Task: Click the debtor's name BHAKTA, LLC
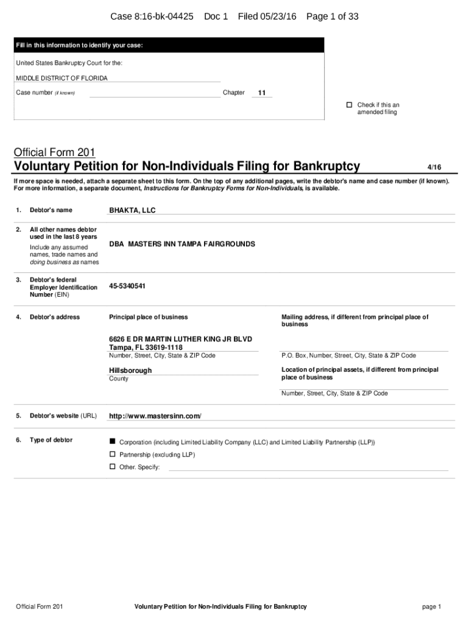pos(132,210)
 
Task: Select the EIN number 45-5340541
pos(127,286)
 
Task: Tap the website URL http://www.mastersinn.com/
pos(155,416)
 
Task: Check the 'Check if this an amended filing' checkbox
pos(350,105)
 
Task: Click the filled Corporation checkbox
pos(112,441)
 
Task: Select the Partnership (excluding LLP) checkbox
pos(112,455)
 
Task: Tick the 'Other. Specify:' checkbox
pos(112,467)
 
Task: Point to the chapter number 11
pos(261,93)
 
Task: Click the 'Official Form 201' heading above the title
pos(54,152)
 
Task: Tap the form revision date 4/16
pos(434,166)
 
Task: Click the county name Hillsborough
pos(130,370)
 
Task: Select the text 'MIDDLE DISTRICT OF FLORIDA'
pos(62,78)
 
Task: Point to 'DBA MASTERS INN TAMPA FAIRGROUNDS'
pos(182,244)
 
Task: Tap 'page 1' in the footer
pos(431,607)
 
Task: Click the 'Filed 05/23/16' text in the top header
pos(267,16)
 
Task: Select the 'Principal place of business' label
pos(148,317)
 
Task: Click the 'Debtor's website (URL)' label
pos(63,416)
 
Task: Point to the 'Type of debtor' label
pos(51,440)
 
